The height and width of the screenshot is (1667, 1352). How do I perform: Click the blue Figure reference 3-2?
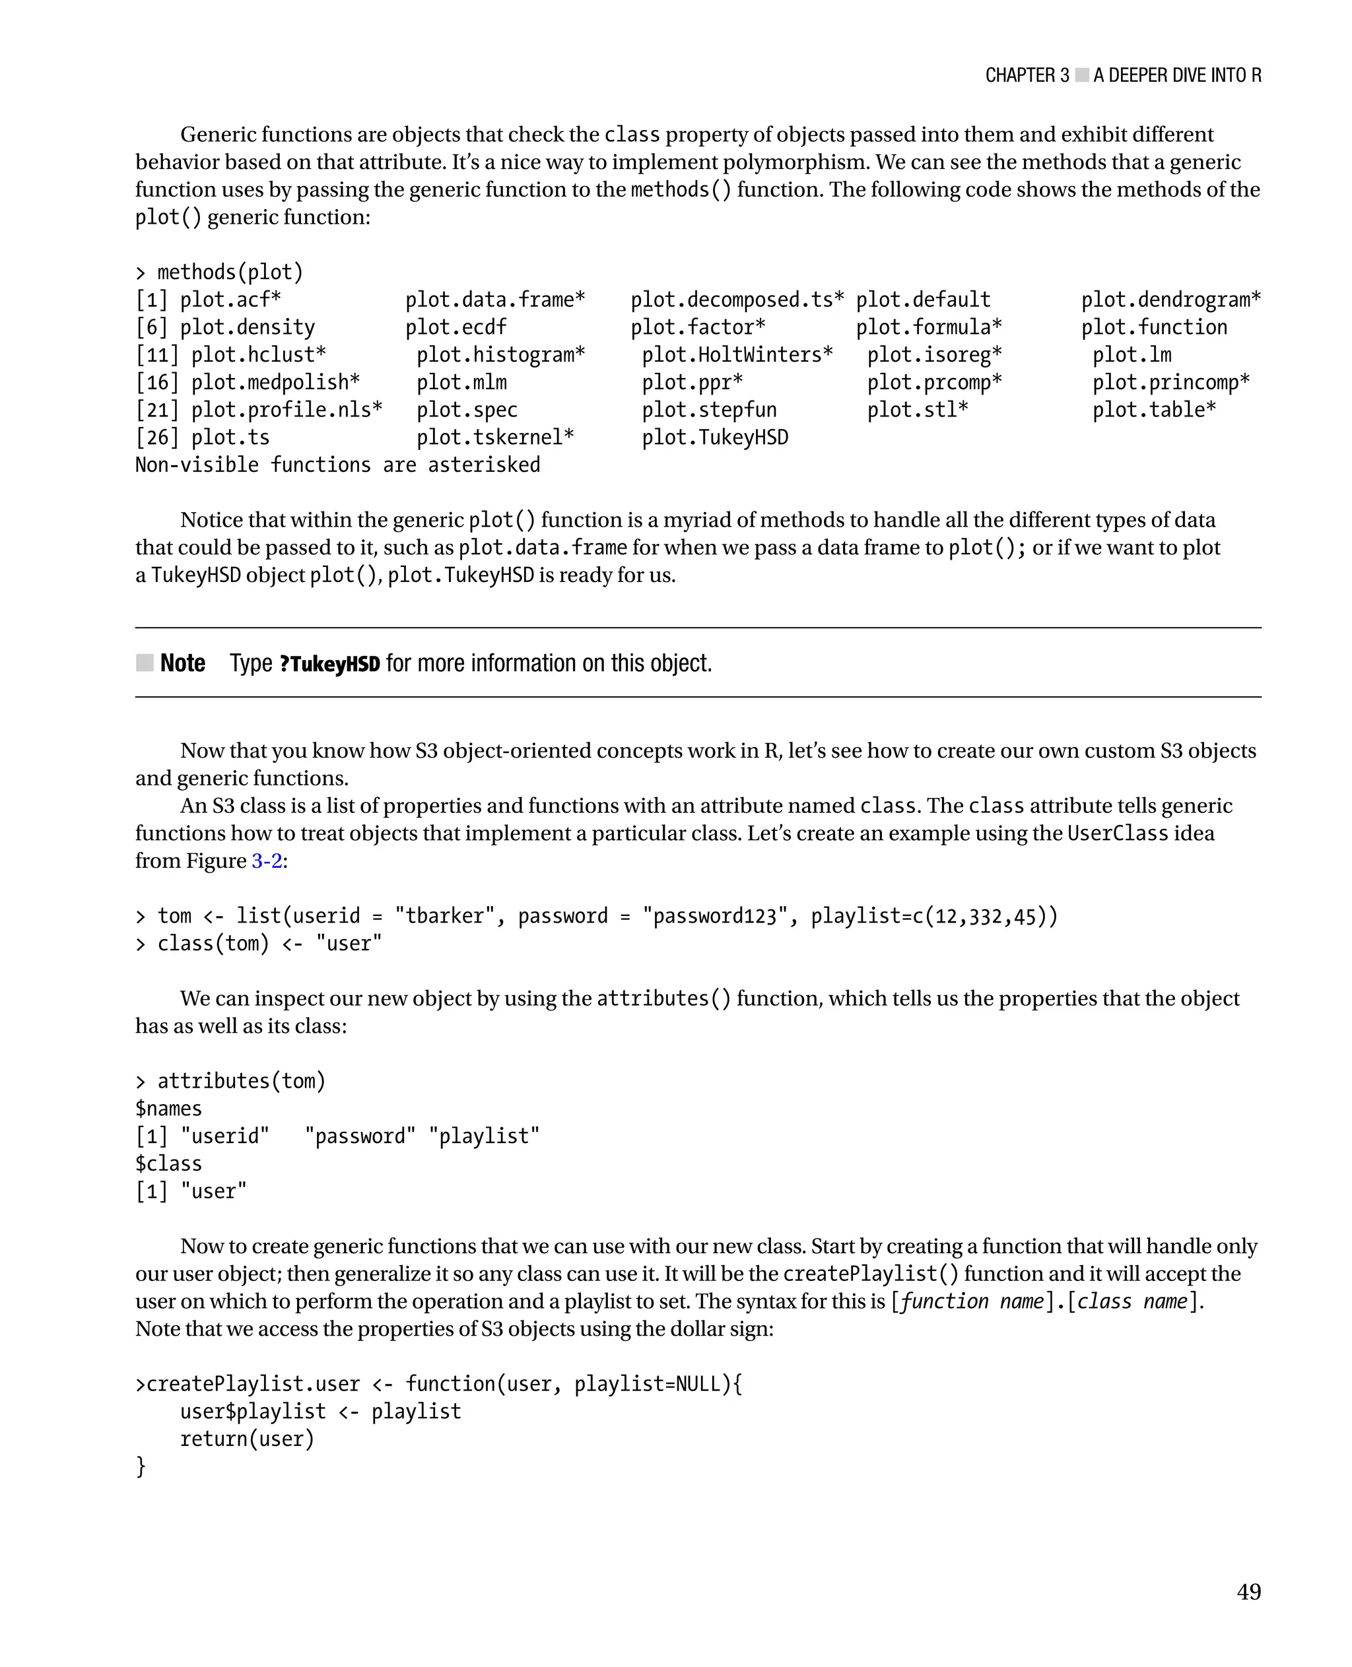266,861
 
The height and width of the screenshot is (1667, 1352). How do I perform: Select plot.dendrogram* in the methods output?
1170,300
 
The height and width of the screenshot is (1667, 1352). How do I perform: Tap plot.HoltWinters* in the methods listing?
737,355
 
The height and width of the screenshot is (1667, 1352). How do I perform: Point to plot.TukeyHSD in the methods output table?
714,438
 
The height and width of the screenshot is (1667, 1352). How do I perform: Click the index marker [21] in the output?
156,410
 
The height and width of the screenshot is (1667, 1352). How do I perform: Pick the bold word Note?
182,663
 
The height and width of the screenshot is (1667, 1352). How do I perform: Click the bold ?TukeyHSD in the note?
329,664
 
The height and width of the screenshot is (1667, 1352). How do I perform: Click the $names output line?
168,1109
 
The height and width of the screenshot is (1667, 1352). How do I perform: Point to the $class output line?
168,1164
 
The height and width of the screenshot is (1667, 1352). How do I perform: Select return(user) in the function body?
247,1439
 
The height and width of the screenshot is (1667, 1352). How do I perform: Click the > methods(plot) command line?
219,273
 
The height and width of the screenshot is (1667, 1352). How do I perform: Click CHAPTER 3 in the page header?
1027,75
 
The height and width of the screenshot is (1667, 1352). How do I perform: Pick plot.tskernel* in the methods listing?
494,438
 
